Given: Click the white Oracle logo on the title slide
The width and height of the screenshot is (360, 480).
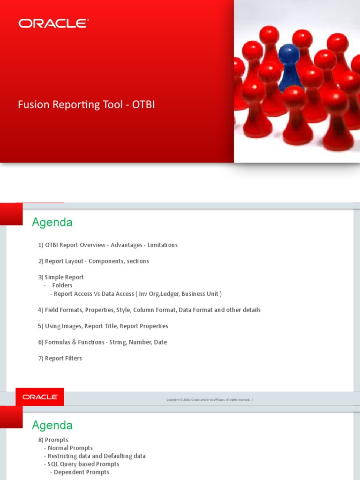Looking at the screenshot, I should pyautogui.click(x=53, y=23).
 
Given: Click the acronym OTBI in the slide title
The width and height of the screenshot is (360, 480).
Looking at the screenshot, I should pyautogui.click(x=143, y=105).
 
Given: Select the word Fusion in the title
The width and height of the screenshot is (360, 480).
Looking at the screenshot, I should pyautogui.click(x=32, y=105).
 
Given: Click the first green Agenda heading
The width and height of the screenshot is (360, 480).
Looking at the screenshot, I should pyautogui.click(x=52, y=222).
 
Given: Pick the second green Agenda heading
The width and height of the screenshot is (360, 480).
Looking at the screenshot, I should pyautogui.click(x=52, y=426).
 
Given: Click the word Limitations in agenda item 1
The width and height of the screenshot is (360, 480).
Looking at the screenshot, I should pyautogui.click(x=162, y=245).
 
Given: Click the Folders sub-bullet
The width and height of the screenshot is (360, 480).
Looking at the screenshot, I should pyautogui.click(x=62, y=285).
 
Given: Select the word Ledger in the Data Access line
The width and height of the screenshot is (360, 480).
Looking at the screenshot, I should pyautogui.click(x=168, y=294).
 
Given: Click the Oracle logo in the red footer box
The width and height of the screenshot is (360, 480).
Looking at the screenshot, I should pyautogui.click(x=40, y=397).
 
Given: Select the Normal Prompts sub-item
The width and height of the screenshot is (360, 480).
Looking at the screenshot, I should pyautogui.click(x=70, y=448).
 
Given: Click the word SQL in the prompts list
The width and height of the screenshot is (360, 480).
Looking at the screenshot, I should pyautogui.click(x=53, y=464).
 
